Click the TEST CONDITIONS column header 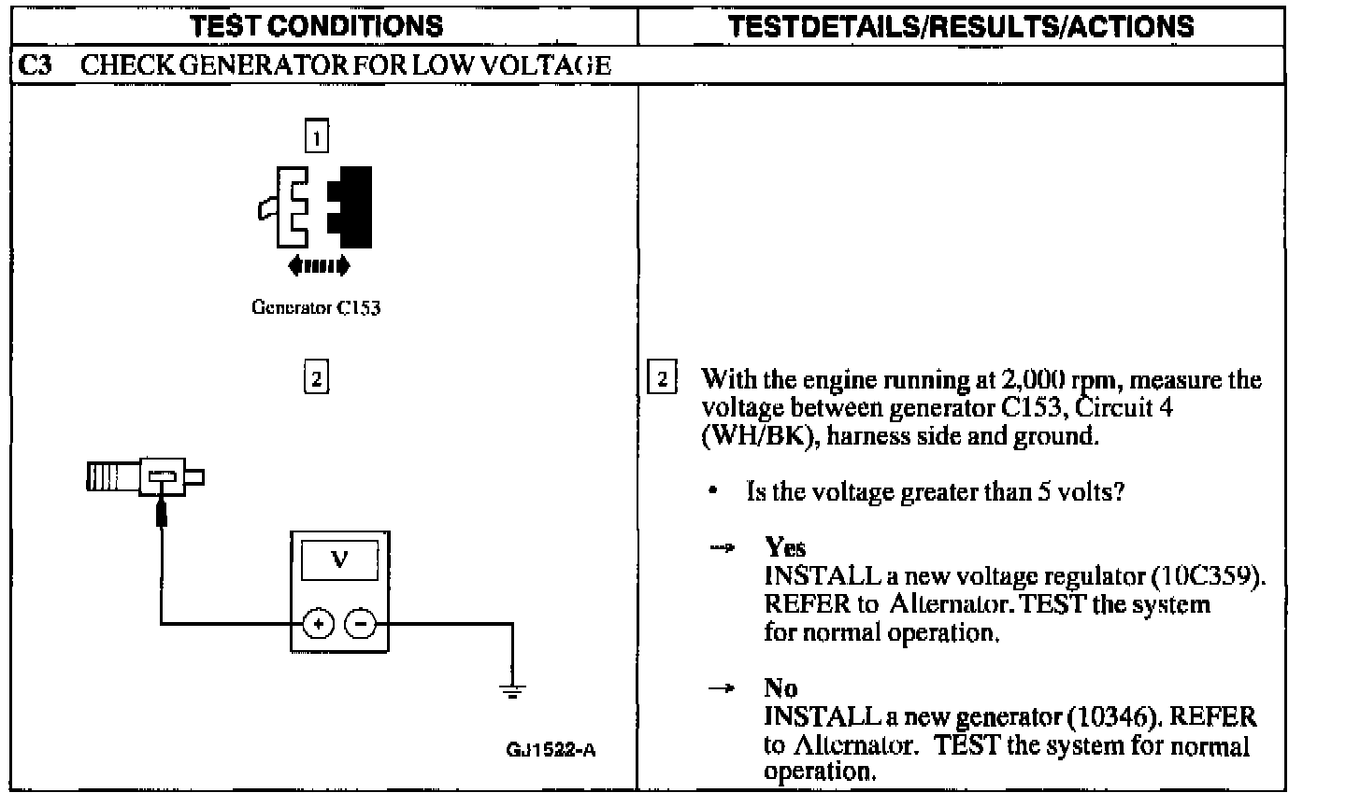pos(317,25)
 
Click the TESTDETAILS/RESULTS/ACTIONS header pos(960,25)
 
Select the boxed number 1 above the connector pos(317,138)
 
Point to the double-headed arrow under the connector pos(319,266)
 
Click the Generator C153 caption pos(316,307)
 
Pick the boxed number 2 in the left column pos(317,379)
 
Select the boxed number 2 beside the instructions pos(662,379)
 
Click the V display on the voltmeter pos(339,560)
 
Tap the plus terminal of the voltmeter pos(318,623)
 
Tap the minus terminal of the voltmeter pos(361,623)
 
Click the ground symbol pos(511,691)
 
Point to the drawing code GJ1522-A pos(551,750)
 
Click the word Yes pos(785,547)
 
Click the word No pos(780,688)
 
